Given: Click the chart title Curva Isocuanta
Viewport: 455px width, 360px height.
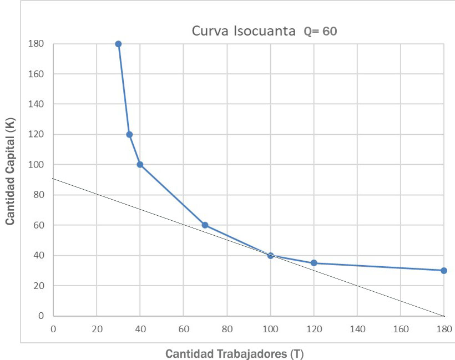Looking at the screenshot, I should coord(244,31).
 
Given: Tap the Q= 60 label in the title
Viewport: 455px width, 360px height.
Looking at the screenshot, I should coord(320,32).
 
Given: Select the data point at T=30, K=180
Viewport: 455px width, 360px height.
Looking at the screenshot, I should coord(118,44).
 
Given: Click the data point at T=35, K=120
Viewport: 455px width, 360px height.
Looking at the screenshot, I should coord(129,134).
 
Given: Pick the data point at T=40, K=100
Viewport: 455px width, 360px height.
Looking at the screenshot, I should coord(140,165).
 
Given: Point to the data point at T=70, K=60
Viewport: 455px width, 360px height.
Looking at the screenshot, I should coord(205,225).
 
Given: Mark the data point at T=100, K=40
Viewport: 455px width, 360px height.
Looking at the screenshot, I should coord(270,256).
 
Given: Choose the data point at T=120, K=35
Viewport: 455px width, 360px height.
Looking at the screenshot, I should coord(314,263).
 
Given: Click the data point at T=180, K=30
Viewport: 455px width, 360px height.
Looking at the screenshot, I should coord(444,271).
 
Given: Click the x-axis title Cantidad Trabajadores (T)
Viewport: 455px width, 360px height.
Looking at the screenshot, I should coord(234,353).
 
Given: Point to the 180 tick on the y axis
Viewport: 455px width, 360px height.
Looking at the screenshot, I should coord(37,44).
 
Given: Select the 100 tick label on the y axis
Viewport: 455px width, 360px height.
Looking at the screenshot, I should coord(37,165).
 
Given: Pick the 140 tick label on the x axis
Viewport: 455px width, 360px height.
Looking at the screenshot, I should coord(357,328).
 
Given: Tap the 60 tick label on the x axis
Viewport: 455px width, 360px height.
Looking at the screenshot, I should coord(183,328).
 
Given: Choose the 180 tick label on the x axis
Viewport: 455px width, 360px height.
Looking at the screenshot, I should coord(444,328).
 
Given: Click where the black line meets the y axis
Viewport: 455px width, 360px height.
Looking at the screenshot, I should coord(53,179).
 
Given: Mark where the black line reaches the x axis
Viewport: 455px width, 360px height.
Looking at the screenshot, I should coord(444,316).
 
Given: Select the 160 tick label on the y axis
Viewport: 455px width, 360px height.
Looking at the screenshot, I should coord(37,74).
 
